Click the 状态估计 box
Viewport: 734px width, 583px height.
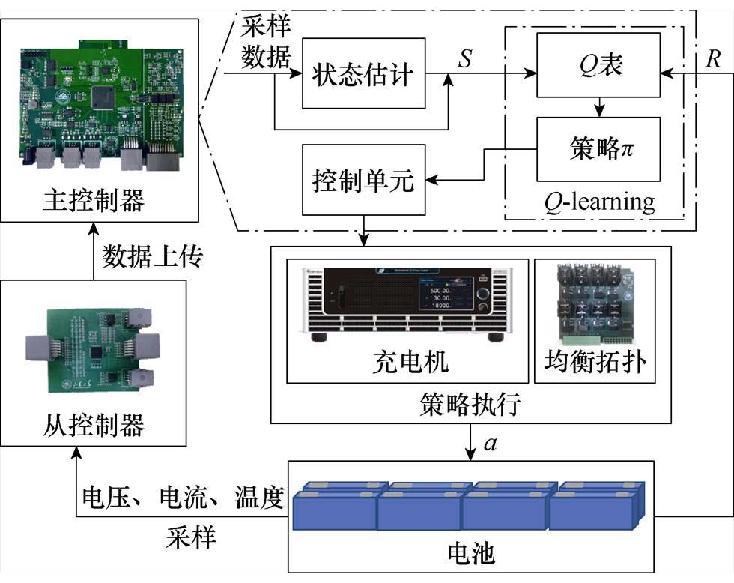click(x=363, y=74)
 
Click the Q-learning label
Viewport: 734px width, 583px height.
click(x=598, y=202)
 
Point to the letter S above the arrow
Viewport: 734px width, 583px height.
click(x=465, y=60)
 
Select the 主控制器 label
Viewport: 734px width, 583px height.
click(x=99, y=201)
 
